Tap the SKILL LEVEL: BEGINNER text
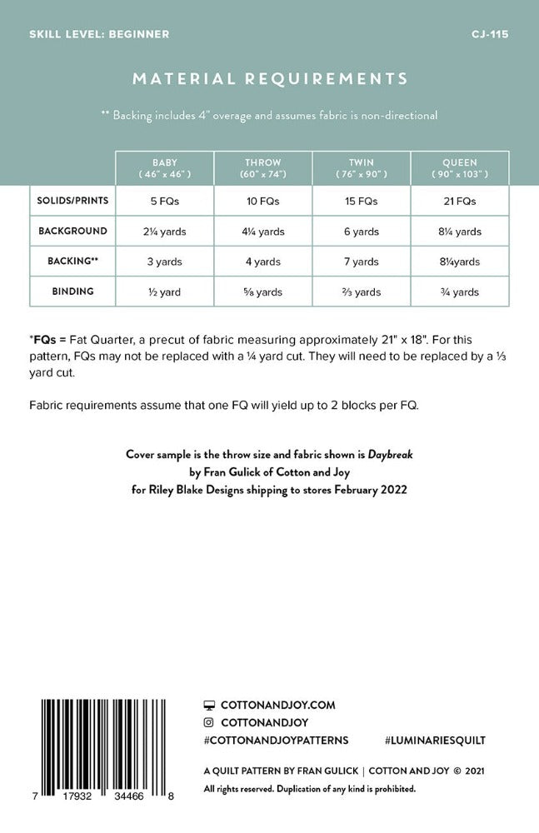99,34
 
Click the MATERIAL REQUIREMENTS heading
269,79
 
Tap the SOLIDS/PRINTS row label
72,201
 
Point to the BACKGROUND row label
72,231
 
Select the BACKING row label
72,261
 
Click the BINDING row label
72,292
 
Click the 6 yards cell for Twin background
362,232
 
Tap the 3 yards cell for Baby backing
165,262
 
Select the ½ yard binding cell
165,292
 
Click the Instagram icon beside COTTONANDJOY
209,722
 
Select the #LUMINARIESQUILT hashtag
436,740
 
